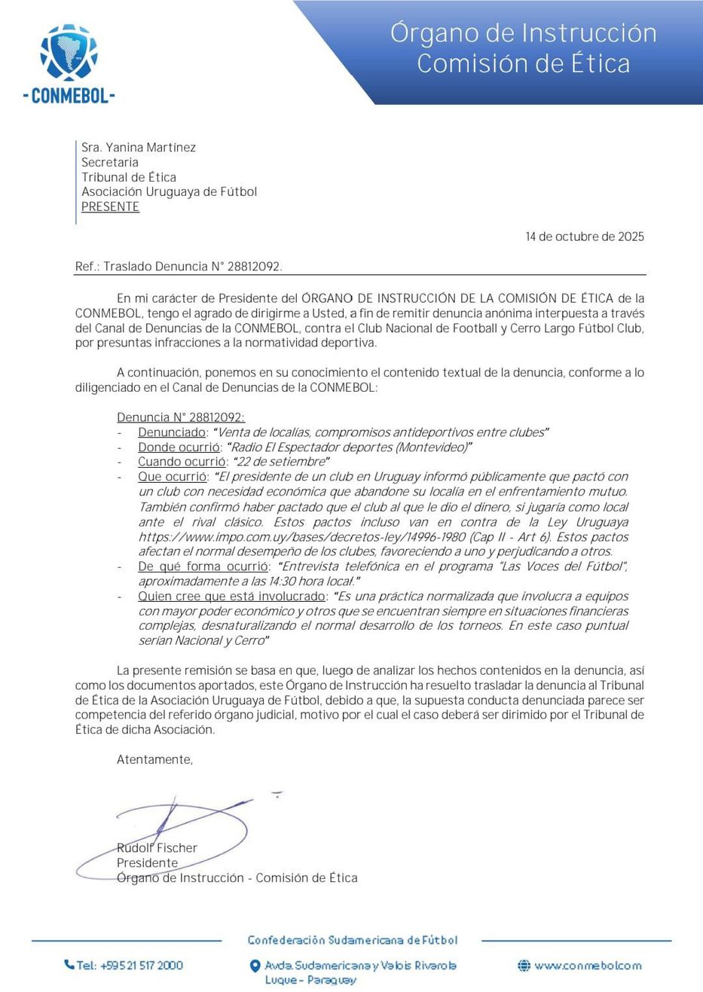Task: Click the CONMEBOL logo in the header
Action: (69, 63)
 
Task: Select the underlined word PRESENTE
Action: (110, 207)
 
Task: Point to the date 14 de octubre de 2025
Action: (585, 237)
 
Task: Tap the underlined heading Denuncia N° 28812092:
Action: (181, 417)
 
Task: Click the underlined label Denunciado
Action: (172, 432)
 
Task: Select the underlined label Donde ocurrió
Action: (179, 447)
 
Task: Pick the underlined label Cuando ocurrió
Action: (182, 462)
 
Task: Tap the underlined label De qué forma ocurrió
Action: (203, 566)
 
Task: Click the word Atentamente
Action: (154, 760)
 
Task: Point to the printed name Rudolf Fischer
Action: (157, 848)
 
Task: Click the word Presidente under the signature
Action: (147, 863)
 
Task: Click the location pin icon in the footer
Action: (255, 966)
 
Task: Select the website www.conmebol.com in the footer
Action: (588, 966)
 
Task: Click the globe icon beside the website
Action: (524, 966)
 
